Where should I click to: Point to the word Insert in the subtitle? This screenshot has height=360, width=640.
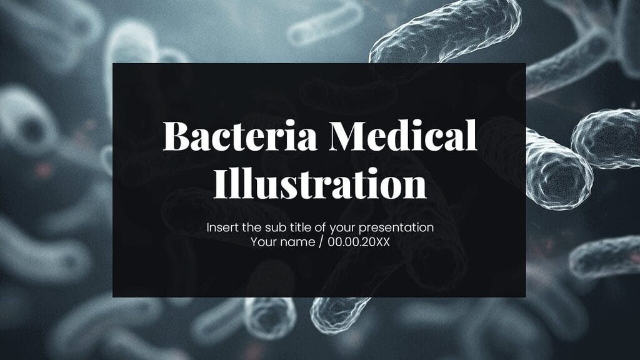[221, 227]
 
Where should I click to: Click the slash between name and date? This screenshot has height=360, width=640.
[321, 242]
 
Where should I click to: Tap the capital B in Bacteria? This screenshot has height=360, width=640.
[175, 136]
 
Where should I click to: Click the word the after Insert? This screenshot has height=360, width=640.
[252, 227]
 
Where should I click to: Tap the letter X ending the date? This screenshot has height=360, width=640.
[386, 242]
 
